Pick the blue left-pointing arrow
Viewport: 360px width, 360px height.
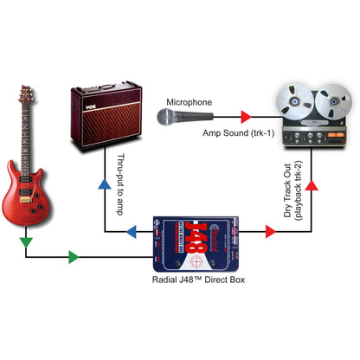pyautogui.click(x=132, y=232)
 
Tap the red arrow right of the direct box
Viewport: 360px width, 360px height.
pyautogui.click(x=259, y=232)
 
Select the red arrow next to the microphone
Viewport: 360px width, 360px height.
pyautogui.click(x=244, y=115)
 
